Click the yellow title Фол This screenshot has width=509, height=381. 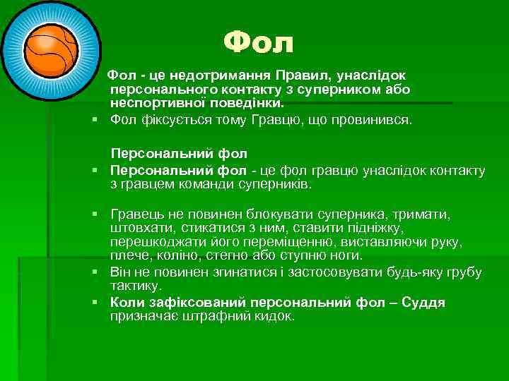click(258, 44)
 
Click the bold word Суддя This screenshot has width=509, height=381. click(423, 302)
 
